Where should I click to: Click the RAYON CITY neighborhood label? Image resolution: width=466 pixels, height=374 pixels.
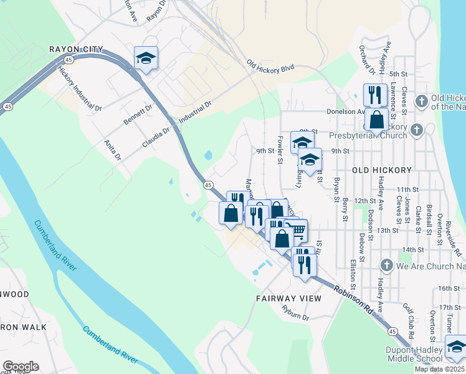point(76,49)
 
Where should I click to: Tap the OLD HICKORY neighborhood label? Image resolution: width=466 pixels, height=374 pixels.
point(382,170)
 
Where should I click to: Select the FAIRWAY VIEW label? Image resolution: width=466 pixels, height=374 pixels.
point(288,299)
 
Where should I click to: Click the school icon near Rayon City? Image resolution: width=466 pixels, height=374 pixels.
point(146,59)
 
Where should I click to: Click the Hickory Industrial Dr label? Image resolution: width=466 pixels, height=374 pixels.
point(80,88)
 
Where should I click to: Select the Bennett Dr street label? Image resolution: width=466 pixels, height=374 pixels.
point(138,115)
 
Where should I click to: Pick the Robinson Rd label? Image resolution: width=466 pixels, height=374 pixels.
point(353,299)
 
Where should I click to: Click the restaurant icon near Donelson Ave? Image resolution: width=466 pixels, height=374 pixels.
point(374,95)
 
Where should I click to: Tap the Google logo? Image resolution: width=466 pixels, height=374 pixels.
point(21,367)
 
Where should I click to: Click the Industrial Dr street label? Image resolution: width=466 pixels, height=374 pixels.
point(196,110)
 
